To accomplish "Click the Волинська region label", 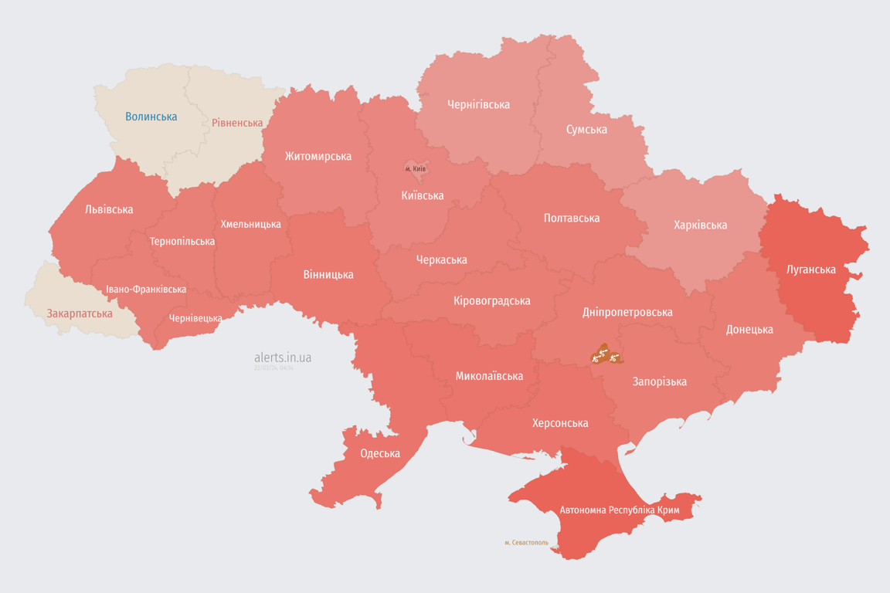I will click(151, 117).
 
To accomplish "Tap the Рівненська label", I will click(237, 123).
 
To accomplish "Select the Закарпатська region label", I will click(80, 313).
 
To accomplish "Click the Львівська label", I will click(109, 209).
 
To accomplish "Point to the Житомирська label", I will click(318, 156).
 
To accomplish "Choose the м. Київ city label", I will click(416, 168).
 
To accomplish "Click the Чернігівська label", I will click(478, 104).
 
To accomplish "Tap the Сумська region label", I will click(586, 129).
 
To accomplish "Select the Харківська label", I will click(700, 225).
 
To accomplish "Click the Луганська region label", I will click(810, 269).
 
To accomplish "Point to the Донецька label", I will click(749, 330).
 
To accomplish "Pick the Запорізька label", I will click(659, 381).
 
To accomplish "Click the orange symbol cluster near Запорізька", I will click(605, 355).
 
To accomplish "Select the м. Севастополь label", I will click(526, 543).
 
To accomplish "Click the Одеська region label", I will click(380, 453).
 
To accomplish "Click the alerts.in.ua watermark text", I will click(283, 357).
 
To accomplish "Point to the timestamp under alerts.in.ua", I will click(273, 368).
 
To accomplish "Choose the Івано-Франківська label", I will click(146, 290).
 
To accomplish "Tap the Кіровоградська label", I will click(492, 300).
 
